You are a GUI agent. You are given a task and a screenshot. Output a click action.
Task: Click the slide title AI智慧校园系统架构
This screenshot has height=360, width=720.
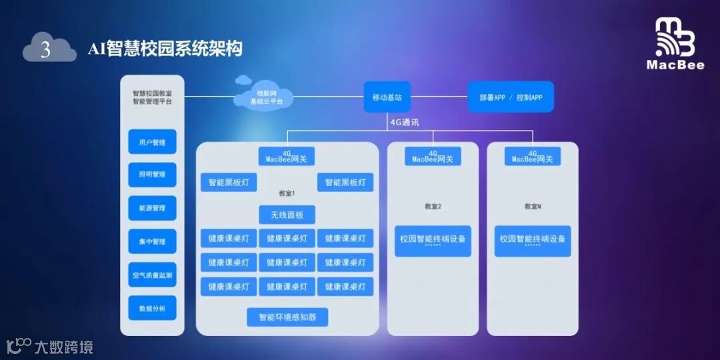(165, 49)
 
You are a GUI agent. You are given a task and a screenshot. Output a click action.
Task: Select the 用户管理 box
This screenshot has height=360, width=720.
(152, 142)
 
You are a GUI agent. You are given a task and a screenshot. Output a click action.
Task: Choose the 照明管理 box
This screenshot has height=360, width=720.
(152, 175)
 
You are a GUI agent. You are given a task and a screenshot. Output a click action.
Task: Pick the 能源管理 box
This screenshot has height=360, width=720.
(152, 208)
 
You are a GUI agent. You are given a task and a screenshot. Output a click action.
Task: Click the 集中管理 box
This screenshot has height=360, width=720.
(152, 241)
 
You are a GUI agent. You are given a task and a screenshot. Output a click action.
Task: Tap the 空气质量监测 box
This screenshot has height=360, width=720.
(152, 275)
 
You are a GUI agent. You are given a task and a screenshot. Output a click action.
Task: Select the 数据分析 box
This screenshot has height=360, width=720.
(152, 308)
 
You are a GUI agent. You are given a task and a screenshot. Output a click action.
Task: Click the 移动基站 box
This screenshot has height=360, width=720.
(387, 97)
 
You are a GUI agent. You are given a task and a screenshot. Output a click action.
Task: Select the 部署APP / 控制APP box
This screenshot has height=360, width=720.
(511, 97)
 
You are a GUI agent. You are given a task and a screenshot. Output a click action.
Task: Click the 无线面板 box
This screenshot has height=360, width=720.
(287, 215)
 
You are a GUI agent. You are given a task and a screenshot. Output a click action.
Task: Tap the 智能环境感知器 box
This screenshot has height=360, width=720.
(287, 317)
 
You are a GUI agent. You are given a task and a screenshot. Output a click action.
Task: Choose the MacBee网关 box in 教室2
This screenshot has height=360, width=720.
(433, 157)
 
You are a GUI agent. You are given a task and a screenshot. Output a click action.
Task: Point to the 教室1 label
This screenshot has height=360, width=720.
(287, 193)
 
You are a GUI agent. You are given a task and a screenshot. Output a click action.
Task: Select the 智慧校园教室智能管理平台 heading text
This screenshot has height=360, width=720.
(152, 97)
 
